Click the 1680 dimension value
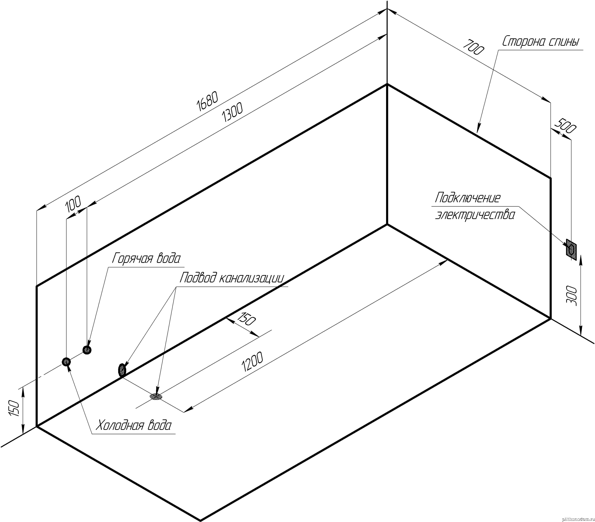(207, 102)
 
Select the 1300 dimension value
(232, 113)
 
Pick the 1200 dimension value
(252, 362)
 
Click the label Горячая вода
(146, 258)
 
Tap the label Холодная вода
(134, 426)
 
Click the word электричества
(475, 215)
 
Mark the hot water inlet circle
(87, 350)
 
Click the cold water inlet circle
(66, 362)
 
